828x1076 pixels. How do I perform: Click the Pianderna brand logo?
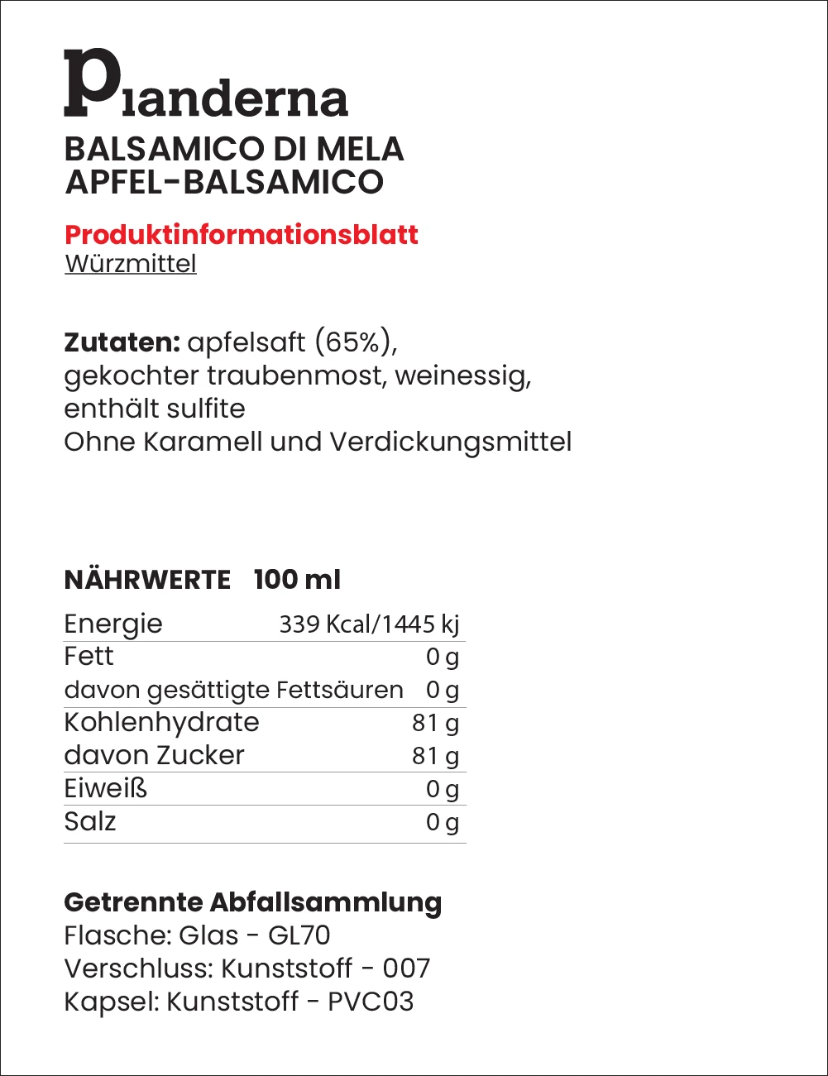click(206, 84)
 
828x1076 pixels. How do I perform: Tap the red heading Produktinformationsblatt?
click(242, 235)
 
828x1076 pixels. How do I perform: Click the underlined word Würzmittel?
click(131, 264)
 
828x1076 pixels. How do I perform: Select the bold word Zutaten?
click(122, 342)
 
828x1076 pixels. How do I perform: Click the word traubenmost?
click(294, 375)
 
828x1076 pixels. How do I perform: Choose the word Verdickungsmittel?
click(450, 442)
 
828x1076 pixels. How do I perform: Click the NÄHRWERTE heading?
click(147, 580)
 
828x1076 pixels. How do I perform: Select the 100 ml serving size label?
click(297, 580)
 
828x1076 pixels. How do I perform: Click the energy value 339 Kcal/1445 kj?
click(369, 624)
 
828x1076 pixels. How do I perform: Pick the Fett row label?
click(89, 657)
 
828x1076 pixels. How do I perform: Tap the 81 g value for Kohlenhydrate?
click(435, 723)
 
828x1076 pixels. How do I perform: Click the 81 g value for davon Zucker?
click(435, 756)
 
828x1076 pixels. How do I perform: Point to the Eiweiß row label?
click(105, 789)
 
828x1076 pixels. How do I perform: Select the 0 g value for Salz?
click(442, 822)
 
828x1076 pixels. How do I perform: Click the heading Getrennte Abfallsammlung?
click(253, 902)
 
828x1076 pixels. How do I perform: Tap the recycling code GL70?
click(299, 935)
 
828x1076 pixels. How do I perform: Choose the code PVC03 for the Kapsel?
click(370, 1002)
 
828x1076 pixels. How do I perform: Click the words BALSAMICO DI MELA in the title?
click(234, 150)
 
